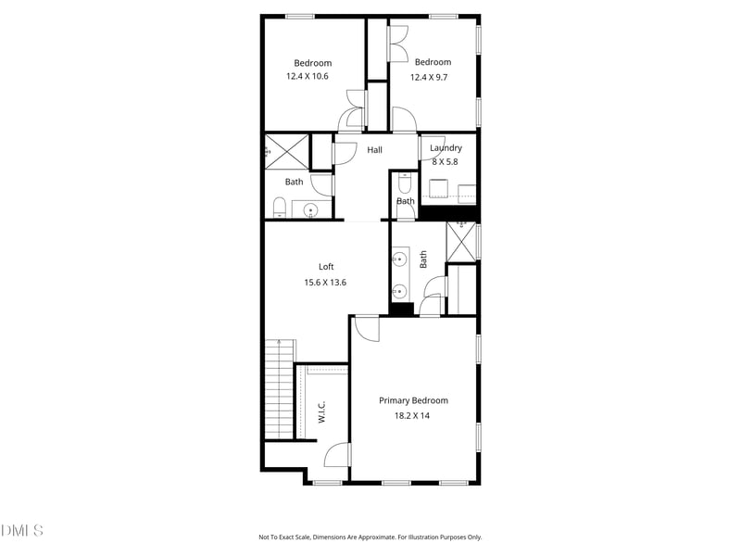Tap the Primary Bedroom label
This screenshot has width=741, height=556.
pos(413,400)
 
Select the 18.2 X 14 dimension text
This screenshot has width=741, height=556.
pos(413,416)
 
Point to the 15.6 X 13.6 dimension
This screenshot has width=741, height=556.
pos(325,283)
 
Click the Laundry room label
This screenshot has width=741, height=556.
pos(446,148)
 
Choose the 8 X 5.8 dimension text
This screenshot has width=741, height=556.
pos(446,161)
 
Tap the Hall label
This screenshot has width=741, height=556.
pos(374,150)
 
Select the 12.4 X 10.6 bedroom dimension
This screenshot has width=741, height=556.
pos(313,77)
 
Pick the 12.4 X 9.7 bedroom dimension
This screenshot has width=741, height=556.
pos(432,77)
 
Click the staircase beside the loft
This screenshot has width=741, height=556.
pos(279,389)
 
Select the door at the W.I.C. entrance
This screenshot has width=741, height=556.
pos(339,454)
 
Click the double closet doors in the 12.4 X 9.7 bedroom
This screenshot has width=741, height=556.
pos(399,44)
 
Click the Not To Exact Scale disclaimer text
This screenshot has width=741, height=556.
pos(370,537)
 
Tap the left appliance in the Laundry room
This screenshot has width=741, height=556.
pos(439,190)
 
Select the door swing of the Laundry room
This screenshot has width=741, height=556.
pos(432,147)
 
